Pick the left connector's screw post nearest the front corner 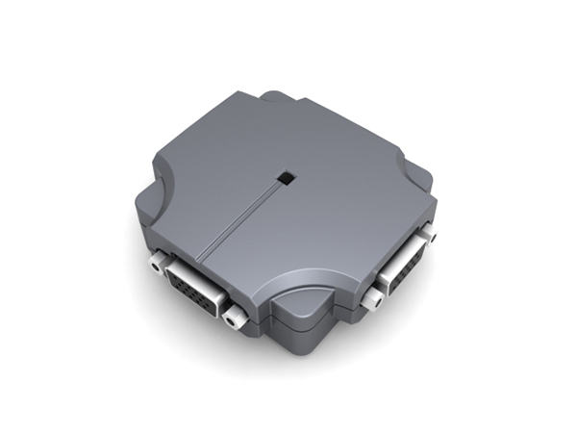[231, 315]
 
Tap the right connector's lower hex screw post [370, 300]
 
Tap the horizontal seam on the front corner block [306, 323]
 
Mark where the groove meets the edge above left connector [197, 258]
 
